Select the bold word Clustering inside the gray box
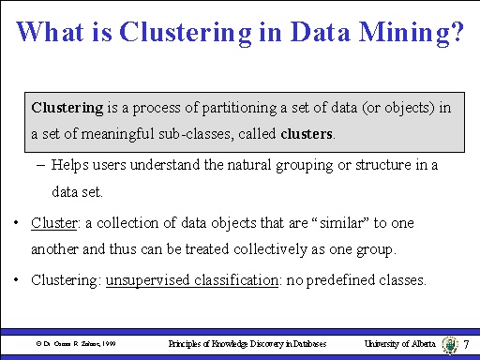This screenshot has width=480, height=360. pos(66,108)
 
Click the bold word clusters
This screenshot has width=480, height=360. pos(307,135)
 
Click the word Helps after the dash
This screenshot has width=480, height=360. pos(71,166)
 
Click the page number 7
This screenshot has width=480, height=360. pos(466,345)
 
